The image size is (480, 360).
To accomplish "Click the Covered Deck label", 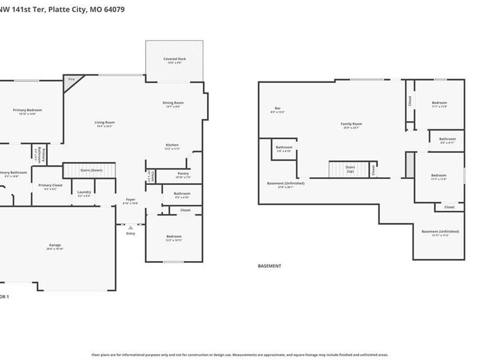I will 174,59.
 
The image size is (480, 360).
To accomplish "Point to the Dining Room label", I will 173,103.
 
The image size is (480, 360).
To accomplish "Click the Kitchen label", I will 172,145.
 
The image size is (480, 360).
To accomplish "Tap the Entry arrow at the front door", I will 131,228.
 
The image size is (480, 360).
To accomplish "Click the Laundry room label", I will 84,192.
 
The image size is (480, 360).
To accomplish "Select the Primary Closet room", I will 51,186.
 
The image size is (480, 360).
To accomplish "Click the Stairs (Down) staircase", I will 90,171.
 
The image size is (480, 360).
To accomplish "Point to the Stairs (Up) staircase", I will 349,170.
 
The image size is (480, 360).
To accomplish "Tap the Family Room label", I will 351,124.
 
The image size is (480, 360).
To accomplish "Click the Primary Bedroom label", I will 27,110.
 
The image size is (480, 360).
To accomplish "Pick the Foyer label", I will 131,200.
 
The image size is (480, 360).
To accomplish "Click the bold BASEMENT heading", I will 269,266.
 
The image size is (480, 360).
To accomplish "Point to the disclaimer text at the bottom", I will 239,355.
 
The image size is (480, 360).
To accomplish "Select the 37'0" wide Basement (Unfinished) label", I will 285,183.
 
